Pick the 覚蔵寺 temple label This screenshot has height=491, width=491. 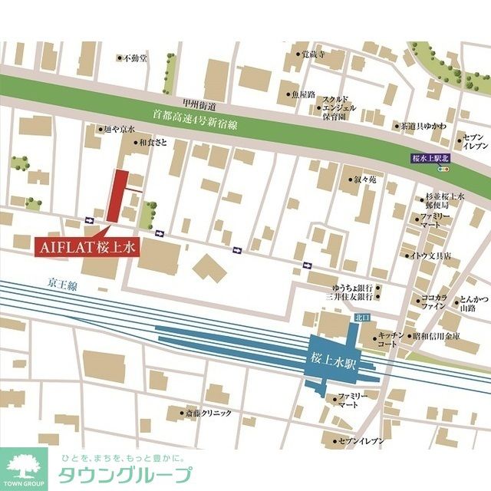311,54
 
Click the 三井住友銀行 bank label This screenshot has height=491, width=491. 348,296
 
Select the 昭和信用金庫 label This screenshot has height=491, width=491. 436,337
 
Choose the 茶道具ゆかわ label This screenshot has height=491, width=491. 424,126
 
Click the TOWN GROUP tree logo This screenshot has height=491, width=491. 24,467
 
